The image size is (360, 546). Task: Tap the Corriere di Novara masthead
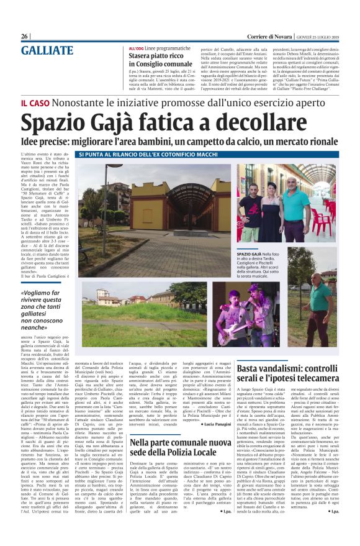tap(254, 36)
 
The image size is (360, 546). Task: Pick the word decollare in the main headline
tap(282, 121)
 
